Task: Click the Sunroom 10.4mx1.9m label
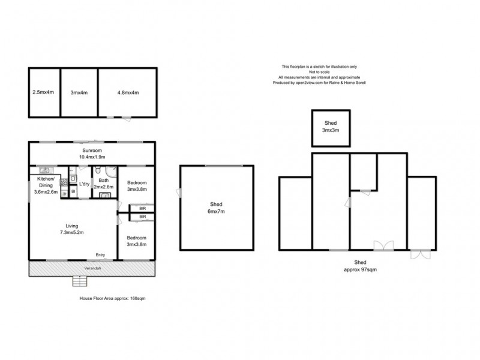coord(92,154)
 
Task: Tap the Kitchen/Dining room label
coord(46,185)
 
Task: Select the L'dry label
coord(84,184)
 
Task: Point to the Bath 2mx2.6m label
coord(103,184)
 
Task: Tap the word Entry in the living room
coord(101,256)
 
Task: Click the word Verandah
coord(92,268)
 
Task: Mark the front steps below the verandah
coord(80,281)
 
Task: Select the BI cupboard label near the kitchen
coord(73,191)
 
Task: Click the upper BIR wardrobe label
coord(143,208)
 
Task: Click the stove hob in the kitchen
coord(64,183)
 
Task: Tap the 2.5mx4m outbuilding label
coord(43,92)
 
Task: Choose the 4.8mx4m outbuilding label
coord(128,92)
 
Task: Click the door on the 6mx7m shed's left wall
coord(178,192)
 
